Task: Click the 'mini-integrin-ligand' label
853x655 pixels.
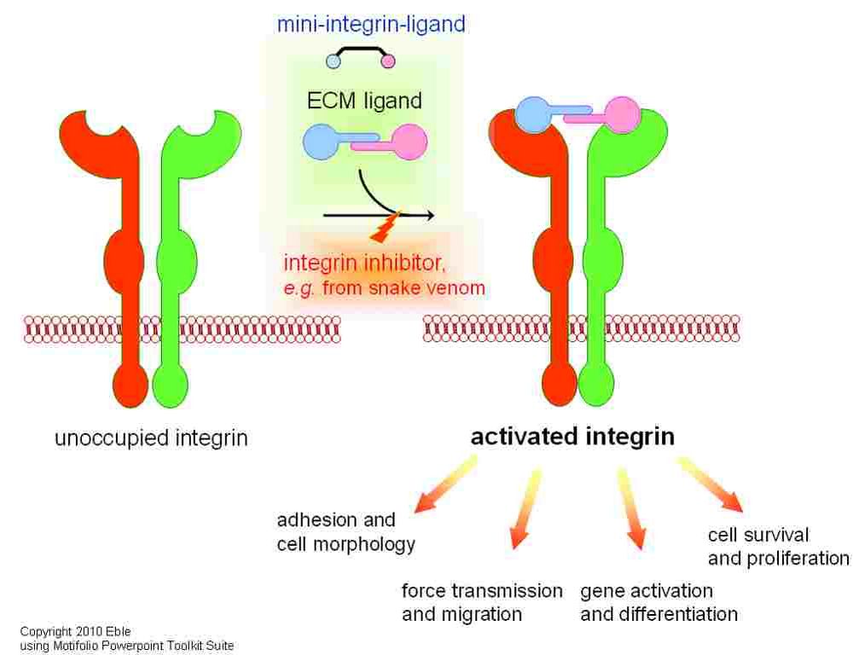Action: coord(371,24)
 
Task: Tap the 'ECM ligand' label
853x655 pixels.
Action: coord(364,101)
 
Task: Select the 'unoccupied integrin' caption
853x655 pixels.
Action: coord(152,440)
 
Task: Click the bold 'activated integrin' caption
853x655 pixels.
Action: coord(572,438)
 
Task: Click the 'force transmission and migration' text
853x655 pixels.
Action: coord(482,602)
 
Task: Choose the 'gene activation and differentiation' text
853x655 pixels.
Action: coord(659,602)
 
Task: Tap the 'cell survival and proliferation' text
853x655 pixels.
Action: coord(778,547)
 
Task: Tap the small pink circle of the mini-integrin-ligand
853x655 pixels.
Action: coord(388,61)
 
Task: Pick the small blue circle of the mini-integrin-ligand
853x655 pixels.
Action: coord(334,61)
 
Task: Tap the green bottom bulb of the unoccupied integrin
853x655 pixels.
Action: coord(171,386)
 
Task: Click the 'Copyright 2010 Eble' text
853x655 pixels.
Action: coord(76,632)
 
